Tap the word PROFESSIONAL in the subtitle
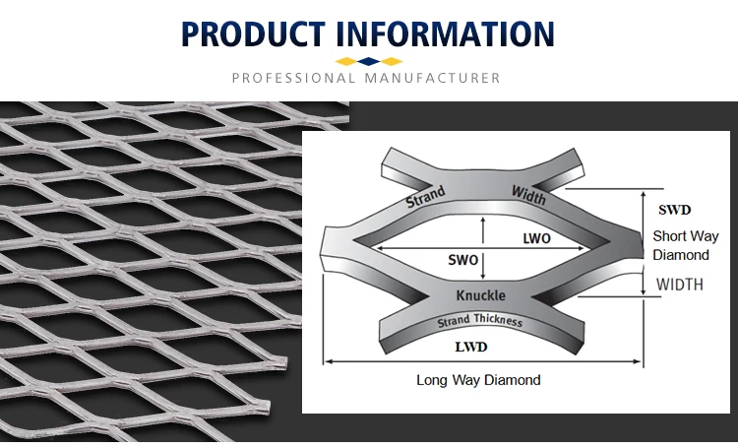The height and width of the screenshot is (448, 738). click(294, 78)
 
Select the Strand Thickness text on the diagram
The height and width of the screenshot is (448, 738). click(480, 322)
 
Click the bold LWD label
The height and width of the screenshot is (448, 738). click(470, 348)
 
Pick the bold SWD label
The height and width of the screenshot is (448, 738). click(674, 210)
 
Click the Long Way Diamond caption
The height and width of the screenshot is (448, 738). click(478, 379)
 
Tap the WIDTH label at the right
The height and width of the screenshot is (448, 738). click(679, 286)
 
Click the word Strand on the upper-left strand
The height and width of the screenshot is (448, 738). click(425, 197)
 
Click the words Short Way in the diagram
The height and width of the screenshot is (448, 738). click(686, 236)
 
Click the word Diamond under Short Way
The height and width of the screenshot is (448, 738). click(681, 255)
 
